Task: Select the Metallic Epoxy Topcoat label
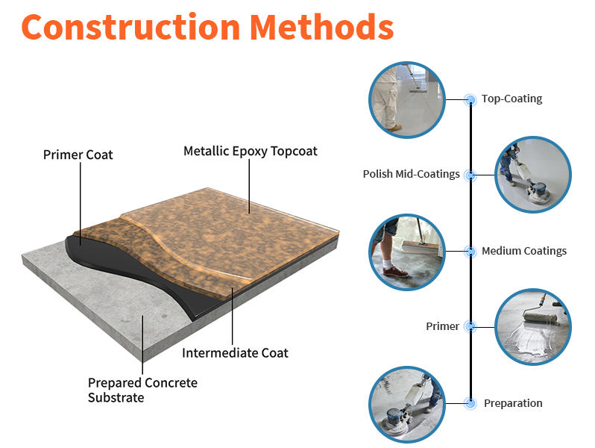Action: [x=250, y=151]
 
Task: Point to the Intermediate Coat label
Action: [x=235, y=352]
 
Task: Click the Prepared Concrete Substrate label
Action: [x=142, y=390]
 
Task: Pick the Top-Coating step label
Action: [x=511, y=99]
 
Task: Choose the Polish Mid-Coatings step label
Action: [x=411, y=174]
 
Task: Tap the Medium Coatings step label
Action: [x=523, y=251]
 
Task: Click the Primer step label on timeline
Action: [x=442, y=326]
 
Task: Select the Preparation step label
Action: [x=513, y=403]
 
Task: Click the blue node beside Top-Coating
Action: [x=470, y=99]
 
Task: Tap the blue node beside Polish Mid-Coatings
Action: [x=470, y=175]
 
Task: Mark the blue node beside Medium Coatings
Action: [x=470, y=252]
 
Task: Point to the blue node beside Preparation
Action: [x=470, y=403]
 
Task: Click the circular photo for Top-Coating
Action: [x=407, y=99]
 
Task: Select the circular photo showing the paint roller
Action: [x=532, y=326]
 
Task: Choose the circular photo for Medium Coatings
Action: [x=407, y=252]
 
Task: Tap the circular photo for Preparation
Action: [x=407, y=403]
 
